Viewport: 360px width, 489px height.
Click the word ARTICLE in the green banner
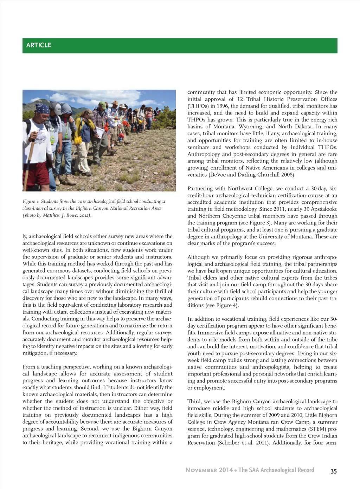[39, 45]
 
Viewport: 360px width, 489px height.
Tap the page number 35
[334, 471]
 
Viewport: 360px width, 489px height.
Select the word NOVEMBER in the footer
[201, 470]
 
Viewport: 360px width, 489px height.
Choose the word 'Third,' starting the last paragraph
[194, 402]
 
